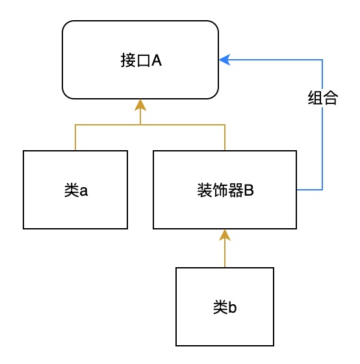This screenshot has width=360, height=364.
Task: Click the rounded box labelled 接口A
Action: [140, 60]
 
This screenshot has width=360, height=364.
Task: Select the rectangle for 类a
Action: [75, 190]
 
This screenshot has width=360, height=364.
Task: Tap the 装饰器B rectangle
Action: [225, 190]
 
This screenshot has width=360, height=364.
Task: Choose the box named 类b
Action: [225, 307]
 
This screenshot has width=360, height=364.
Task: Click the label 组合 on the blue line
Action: [322, 99]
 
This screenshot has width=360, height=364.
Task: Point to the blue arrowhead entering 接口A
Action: [224, 60]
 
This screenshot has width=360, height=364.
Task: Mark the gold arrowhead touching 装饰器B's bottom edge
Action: [225, 235]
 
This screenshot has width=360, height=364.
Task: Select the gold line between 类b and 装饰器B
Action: [225, 253]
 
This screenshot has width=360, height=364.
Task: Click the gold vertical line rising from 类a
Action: [75, 137]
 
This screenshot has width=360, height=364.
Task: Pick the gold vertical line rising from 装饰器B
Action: [225, 137]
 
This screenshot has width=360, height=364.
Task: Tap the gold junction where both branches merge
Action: [140, 124]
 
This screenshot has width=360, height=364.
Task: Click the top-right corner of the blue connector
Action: [322, 60]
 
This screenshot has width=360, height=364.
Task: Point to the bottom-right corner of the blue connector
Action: [322, 190]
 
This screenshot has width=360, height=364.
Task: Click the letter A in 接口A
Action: [156, 60]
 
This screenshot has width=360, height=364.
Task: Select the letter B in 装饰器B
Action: [248, 190]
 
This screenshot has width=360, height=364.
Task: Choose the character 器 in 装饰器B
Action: [236, 190]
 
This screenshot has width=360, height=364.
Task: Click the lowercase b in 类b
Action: [232, 307]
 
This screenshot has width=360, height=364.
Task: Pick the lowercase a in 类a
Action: [83, 191]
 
